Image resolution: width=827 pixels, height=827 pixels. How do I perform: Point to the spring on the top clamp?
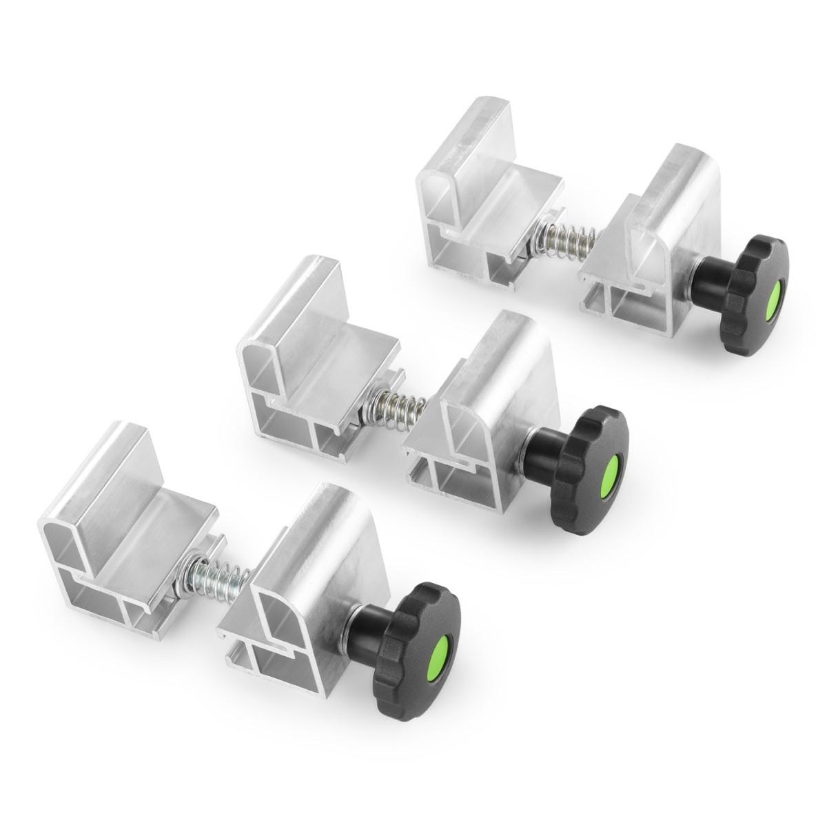click(x=569, y=238)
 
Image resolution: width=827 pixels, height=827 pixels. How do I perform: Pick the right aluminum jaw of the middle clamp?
click(x=482, y=407)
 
